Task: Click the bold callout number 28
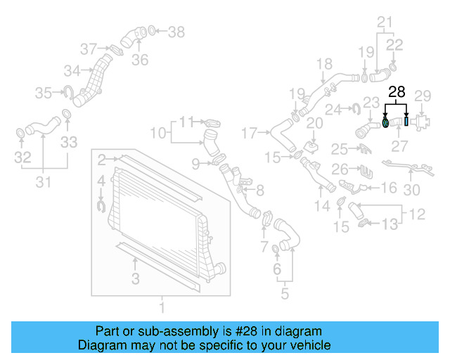[x=397, y=91]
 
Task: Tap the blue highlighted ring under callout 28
[x=386, y=123]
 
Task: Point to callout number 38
[x=176, y=32]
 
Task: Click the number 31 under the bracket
[x=44, y=184]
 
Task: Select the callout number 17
[x=250, y=131]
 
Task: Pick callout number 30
[x=412, y=189]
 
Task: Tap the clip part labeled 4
[x=101, y=205]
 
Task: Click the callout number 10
[x=158, y=131]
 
